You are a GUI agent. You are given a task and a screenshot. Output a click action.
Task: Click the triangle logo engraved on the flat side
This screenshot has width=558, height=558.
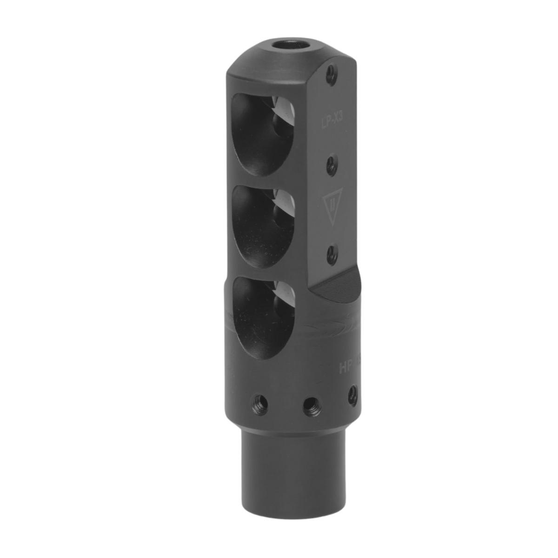pyautogui.click(x=330, y=205)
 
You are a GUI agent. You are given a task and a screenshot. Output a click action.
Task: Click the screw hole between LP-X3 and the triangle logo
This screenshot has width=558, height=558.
pyautogui.click(x=331, y=163)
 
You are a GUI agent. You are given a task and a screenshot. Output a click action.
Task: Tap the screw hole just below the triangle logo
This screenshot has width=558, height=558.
pyautogui.click(x=331, y=252)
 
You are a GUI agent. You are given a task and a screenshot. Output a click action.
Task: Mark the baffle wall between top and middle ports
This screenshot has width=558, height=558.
pyautogui.click(x=263, y=180)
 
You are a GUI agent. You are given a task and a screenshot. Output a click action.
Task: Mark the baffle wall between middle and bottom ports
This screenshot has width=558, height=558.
pyautogui.click(x=263, y=272)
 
